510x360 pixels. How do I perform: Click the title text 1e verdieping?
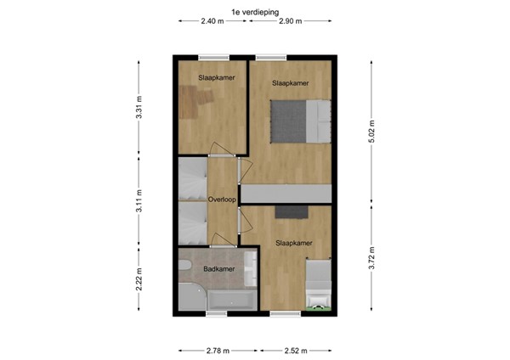click(254, 10)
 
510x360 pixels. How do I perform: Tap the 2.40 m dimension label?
click(212, 20)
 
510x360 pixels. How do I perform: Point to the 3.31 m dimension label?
click(139, 110)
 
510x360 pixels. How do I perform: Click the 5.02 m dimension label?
click(371, 131)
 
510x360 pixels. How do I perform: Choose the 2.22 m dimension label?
click(139, 279)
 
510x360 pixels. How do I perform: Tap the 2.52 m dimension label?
click(295, 349)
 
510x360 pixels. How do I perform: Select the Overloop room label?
click(222, 200)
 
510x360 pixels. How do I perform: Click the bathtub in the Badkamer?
click(232, 299)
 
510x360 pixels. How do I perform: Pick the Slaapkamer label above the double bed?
click(290, 83)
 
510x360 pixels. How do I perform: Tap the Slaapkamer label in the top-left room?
click(217, 77)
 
